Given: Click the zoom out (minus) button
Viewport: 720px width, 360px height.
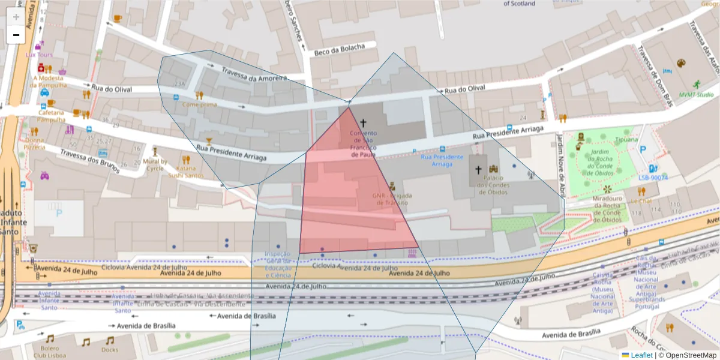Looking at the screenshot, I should coord(16,35).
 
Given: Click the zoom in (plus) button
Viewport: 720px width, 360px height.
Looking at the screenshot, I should coord(16,17).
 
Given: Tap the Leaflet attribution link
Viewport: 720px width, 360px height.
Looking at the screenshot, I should coord(641,355).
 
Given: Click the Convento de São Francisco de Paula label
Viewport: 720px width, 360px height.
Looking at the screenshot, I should coord(363,144).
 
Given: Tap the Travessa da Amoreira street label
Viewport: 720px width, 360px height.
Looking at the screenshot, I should coord(254,74).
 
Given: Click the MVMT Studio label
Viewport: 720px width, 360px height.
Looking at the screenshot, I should coord(696,95).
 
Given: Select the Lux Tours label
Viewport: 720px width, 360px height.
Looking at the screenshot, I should coord(39,55).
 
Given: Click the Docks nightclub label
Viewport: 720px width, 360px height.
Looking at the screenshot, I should coord(110,350).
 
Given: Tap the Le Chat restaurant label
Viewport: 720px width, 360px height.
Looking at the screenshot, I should coord(641,202).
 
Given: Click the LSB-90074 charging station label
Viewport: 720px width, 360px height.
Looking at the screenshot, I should coord(653,178).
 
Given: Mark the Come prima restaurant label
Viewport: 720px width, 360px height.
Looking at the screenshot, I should coord(199,104).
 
